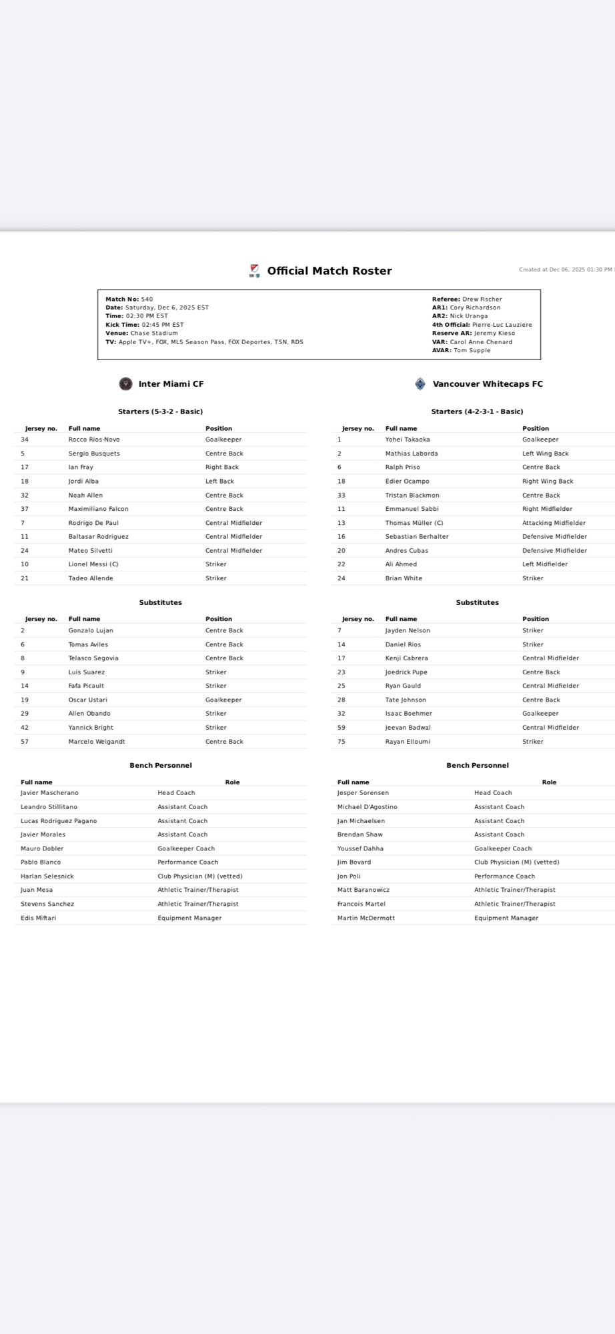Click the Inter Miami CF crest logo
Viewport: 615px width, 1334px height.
(125, 384)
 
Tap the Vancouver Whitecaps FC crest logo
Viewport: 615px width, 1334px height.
(420, 384)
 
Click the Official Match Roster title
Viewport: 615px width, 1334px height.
(329, 271)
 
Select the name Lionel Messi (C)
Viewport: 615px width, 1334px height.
(93, 564)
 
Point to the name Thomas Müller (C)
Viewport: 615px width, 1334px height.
(414, 523)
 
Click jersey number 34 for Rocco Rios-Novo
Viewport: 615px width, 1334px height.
(25, 440)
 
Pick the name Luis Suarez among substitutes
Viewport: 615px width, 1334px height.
(87, 672)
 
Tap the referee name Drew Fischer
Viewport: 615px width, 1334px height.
(482, 299)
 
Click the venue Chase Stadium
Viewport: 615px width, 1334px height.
(154, 333)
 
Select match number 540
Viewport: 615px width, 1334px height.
(147, 299)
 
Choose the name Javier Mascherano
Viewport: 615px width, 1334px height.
(49, 793)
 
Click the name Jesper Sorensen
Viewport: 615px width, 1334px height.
(363, 793)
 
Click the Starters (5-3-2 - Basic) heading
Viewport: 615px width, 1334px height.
(160, 412)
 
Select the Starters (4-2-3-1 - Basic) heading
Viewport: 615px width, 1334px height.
(477, 412)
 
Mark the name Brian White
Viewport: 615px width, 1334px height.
(404, 578)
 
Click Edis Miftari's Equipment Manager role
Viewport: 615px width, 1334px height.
(189, 918)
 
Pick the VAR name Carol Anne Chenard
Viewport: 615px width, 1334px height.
(481, 342)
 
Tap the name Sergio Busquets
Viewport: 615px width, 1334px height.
(94, 454)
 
